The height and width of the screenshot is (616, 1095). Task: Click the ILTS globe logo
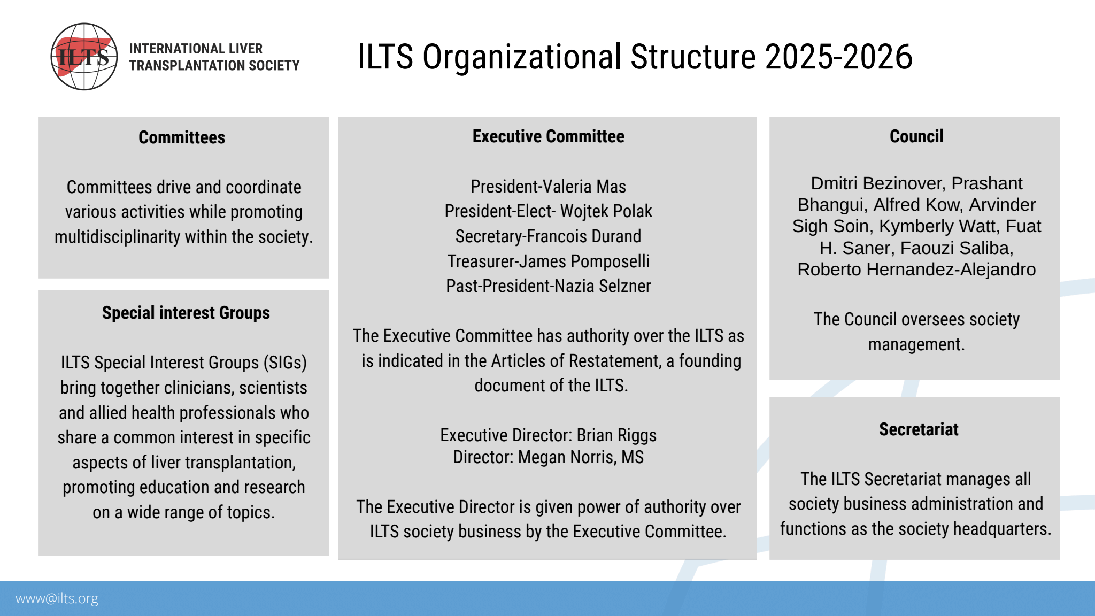point(84,56)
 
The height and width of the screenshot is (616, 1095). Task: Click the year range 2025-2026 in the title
point(839,57)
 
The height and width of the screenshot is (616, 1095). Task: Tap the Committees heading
point(182,137)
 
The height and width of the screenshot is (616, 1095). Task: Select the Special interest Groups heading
point(186,313)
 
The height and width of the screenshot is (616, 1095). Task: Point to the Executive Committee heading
point(549,136)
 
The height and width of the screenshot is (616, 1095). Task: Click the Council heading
point(916,136)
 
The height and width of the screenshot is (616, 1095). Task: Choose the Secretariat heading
point(919,429)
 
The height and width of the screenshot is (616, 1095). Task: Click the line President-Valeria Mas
point(548,186)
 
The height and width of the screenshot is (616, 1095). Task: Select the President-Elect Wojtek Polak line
point(548,211)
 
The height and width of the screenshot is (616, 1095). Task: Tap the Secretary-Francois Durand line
point(548,236)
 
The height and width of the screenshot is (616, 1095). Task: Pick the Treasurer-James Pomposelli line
point(548,261)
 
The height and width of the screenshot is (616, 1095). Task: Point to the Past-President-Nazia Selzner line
point(548,286)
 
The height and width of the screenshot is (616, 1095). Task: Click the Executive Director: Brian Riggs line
point(548,435)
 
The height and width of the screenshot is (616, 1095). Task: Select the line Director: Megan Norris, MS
point(548,457)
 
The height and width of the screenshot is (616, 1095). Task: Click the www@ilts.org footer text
point(57,599)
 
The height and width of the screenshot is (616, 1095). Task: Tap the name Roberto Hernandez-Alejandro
point(916,269)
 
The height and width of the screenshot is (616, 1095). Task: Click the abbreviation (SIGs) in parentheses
point(285,363)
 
